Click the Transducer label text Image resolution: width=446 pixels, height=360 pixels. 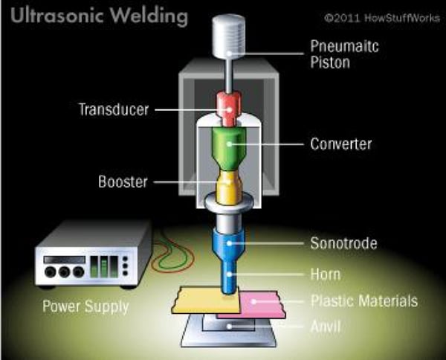pos(114,109)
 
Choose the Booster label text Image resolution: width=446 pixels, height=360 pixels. pos(123,181)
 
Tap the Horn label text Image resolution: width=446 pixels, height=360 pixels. pos(325,274)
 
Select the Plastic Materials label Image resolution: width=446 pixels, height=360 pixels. pos(363,301)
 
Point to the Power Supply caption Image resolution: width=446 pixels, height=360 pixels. pos(85,306)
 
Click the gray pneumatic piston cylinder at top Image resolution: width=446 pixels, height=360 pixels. pos(229,33)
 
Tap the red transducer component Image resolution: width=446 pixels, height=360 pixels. pos(229,109)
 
